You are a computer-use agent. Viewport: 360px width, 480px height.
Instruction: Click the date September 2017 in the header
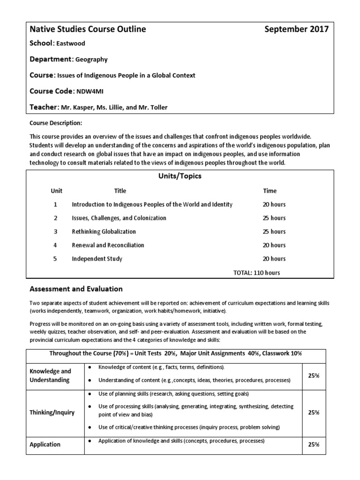click(296, 30)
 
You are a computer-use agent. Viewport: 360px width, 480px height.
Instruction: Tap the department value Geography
click(92, 60)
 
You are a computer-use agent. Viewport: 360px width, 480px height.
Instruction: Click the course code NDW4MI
click(92, 91)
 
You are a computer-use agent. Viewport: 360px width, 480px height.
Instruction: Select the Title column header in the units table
click(120, 191)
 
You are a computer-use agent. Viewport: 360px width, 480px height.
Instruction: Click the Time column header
click(270, 191)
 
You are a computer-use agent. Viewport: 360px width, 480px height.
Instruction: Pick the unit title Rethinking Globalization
click(104, 232)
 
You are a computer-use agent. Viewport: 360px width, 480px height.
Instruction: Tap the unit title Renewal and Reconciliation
click(108, 245)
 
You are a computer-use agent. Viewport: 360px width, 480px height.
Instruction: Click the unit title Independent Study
click(97, 259)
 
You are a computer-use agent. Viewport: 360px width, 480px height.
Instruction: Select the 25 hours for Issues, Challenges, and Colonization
click(274, 218)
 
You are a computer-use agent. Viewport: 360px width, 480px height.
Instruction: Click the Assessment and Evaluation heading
click(76, 289)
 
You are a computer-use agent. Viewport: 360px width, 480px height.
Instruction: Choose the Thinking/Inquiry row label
click(52, 412)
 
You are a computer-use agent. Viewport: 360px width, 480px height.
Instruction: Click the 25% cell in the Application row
click(314, 444)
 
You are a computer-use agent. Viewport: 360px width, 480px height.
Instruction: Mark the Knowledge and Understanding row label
click(51, 375)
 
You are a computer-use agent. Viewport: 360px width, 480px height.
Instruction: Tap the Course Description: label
click(56, 123)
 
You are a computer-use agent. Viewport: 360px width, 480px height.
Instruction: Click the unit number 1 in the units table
click(55, 204)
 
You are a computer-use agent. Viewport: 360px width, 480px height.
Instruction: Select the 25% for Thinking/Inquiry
click(314, 412)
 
